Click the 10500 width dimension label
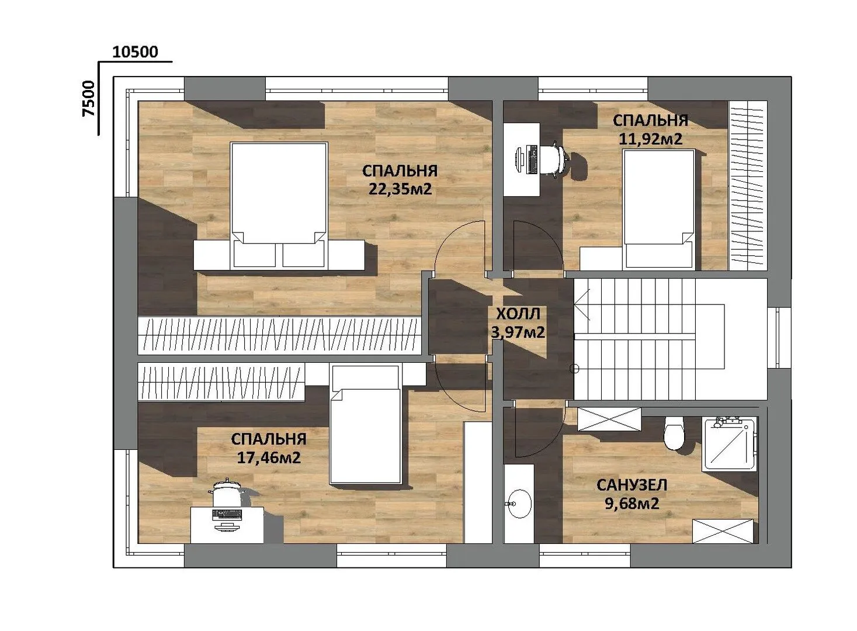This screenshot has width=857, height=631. click(135, 52)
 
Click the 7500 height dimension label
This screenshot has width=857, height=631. click(89, 98)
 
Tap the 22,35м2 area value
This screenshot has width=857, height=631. click(400, 189)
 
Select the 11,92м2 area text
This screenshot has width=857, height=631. click(650, 138)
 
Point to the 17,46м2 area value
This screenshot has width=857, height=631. click(269, 457)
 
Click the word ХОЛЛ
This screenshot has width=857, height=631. click(518, 314)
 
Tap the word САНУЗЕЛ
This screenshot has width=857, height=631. click(632, 485)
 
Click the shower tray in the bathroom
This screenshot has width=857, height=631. click(729, 444)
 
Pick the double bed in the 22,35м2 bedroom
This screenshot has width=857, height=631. click(279, 205)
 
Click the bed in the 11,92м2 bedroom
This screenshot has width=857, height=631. click(659, 209)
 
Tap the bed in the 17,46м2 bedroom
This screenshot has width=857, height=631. click(365, 424)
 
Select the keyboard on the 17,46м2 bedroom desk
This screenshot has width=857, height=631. click(227, 514)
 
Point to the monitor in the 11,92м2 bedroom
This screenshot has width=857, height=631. click(518, 161)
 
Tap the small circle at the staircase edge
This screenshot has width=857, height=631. click(574, 369)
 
